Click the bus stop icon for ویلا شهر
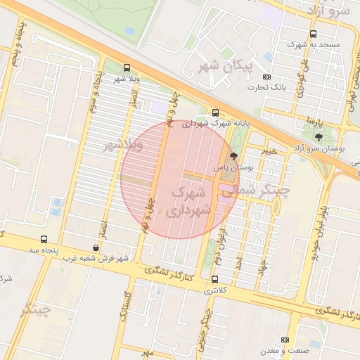(127, 68)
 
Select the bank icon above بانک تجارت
(266, 77)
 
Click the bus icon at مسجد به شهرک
(313, 33)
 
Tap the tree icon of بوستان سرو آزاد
(319, 136)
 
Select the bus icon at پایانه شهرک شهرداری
(215, 112)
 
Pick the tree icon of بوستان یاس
(233, 157)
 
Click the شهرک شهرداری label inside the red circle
(190, 200)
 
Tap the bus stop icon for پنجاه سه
(44, 239)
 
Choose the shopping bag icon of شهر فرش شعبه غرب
(96, 247)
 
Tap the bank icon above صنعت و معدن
(285, 340)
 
